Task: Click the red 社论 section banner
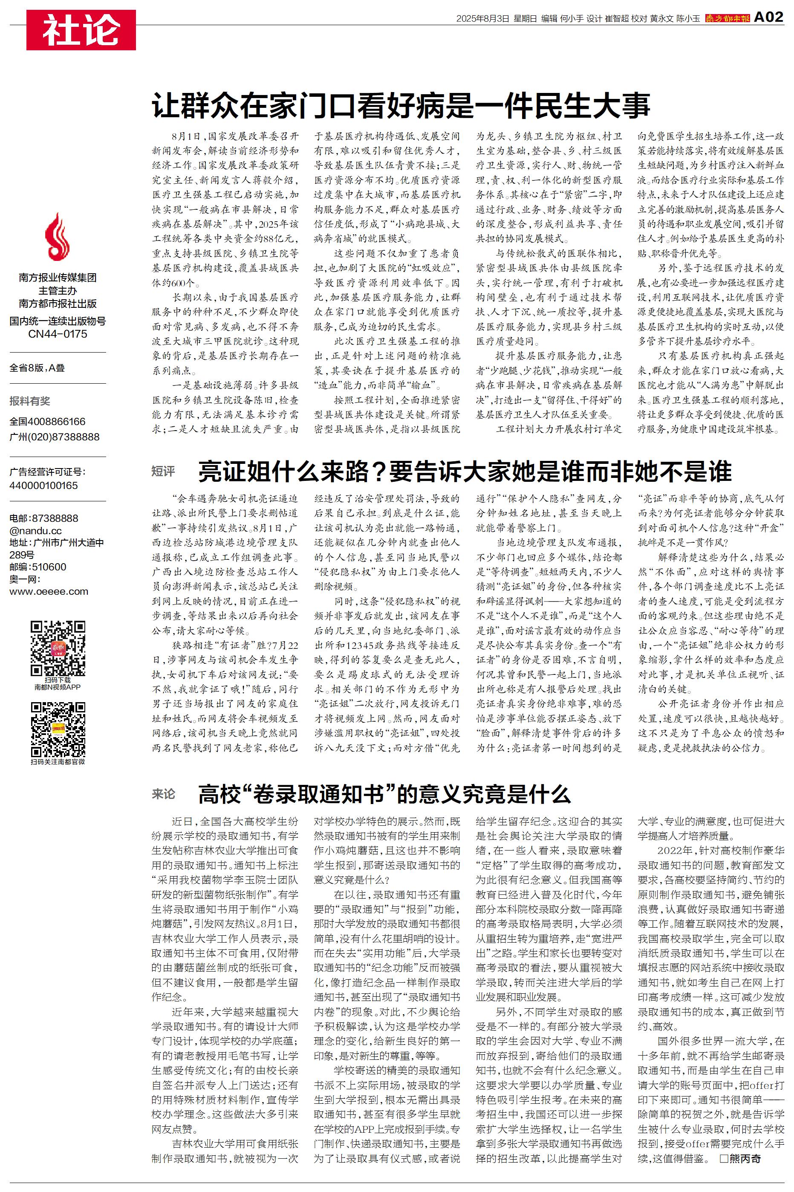coord(81,30)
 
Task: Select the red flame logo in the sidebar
coord(57,237)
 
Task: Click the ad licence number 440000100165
coord(43,485)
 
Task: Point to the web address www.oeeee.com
coord(49,591)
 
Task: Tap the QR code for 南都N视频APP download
coord(57,648)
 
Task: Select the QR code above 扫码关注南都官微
coord(57,729)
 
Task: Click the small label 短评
coord(163,472)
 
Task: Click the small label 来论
coord(163,793)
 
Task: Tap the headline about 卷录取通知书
coord(384,794)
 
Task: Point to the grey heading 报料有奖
coord(30,401)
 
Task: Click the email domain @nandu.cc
coord(35,530)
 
